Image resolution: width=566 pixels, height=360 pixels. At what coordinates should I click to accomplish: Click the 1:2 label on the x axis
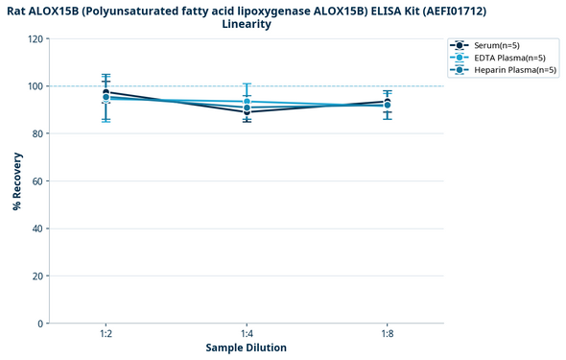coord(106,333)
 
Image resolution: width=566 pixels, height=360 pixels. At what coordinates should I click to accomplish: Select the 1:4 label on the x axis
coord(247,333)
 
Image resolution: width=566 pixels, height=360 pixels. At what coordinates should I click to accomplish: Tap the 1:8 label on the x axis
coord(388,333)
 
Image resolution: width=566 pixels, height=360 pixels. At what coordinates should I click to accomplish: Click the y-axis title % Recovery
coord(17,180)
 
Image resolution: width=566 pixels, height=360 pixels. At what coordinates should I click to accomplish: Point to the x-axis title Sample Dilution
coord(246,348)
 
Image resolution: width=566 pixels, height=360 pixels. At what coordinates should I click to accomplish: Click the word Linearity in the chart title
coord(246,24)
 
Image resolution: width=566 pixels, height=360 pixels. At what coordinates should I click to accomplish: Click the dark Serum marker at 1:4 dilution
coord(247,112)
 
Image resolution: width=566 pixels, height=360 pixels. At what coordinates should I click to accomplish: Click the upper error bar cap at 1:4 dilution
coord(247,84)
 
